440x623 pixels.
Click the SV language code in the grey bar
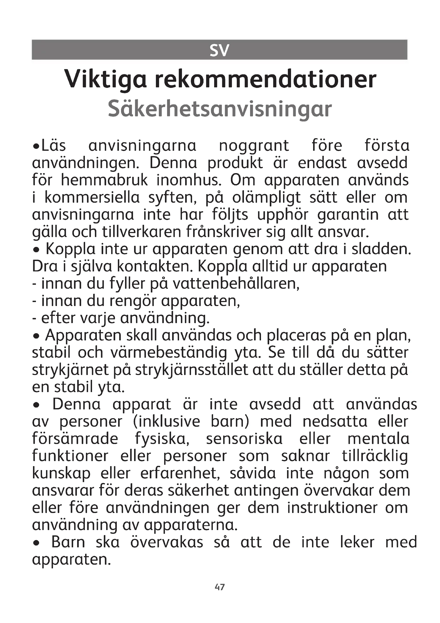coord(219,50)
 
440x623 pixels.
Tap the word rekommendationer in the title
coord(265,79)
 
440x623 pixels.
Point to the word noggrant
coord(254,146)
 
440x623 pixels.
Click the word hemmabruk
coord(104,180)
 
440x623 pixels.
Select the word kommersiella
coord(92,198)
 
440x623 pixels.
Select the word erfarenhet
coord(180,474)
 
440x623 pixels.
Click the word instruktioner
coord(332,508)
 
